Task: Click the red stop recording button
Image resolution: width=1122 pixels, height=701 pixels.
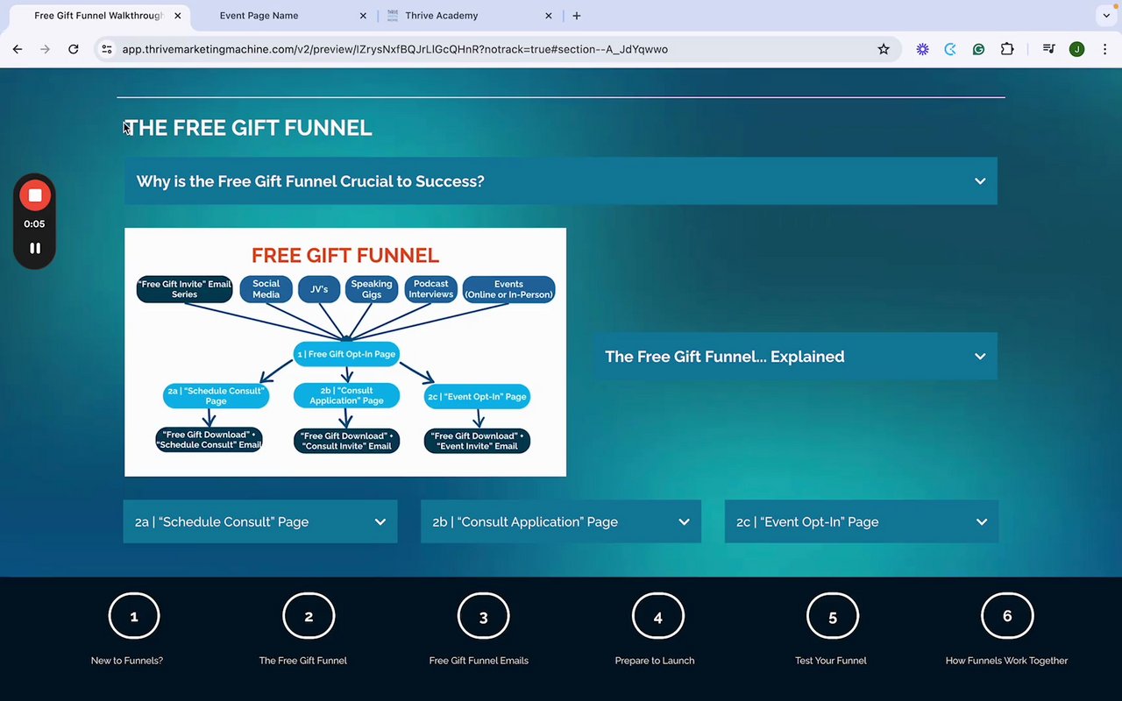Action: coord(35,195)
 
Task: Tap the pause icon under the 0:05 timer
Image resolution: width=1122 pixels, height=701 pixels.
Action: coord(35,248)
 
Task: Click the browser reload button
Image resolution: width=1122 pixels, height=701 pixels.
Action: coord(74,50)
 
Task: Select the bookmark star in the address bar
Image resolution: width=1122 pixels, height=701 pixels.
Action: coord(884,50)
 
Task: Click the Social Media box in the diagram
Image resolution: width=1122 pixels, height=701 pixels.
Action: coord(266,289)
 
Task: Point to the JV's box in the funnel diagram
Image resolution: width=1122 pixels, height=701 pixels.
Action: coord(319,289)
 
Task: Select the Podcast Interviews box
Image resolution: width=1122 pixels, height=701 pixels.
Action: coord(431,289)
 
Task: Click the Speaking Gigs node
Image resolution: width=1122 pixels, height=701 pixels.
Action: coord(372,289)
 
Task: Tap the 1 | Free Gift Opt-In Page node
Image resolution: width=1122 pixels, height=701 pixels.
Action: coord(346,354)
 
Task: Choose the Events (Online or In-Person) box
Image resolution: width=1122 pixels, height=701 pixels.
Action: coord(508,289)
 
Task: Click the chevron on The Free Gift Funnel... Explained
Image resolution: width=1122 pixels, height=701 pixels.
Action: coord(980,357)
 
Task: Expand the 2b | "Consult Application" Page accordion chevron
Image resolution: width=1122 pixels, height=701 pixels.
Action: coord(684,522)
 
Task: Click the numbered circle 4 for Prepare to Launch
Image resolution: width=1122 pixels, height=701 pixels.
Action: coord(657,617)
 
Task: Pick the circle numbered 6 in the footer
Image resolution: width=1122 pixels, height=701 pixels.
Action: coord(1007,616)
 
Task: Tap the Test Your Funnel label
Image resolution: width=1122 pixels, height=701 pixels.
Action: coord(831,661)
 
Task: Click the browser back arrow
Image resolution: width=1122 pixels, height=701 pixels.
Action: coord(18,50)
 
